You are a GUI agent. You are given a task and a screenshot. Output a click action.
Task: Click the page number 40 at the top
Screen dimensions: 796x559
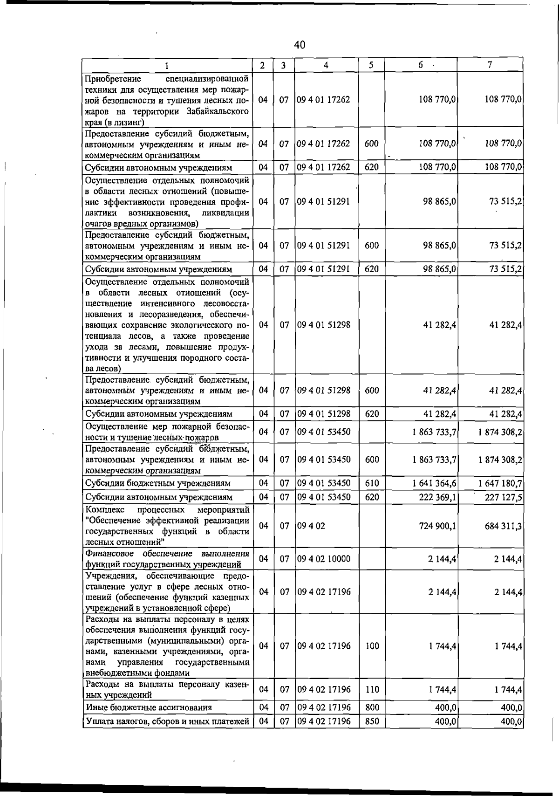[x=300, y=45]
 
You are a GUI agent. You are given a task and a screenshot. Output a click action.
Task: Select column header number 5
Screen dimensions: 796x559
[x=371, y=66]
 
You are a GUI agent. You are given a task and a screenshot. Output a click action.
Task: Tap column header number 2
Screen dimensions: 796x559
[x=263, y=66]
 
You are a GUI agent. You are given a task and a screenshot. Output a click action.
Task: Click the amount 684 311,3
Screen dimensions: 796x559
[x=503, y=526]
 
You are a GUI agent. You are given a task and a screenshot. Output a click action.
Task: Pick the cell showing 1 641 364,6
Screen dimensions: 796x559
[x=434, y=483]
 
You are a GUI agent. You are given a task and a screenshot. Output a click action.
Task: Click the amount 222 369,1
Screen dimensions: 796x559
[x=437, y=497]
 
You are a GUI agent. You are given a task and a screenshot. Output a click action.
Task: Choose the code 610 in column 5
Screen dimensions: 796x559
[x=372, y=483]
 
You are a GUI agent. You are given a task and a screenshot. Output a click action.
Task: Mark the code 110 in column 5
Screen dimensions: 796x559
[x=372, y=689]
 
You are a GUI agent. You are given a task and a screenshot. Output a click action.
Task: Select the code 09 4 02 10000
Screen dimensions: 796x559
[x=323, y=559]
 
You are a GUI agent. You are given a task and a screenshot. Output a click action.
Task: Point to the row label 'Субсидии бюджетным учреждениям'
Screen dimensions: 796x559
[x=158, y=483]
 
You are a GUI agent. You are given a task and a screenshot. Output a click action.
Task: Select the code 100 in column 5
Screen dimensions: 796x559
[x=372, y=646]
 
